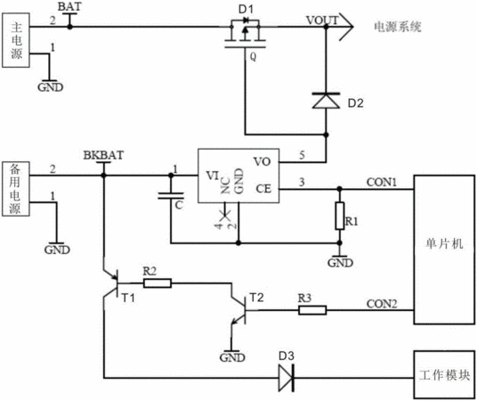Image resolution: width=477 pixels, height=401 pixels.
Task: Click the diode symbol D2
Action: (326, 101)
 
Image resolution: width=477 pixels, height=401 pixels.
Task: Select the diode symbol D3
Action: (286, 379)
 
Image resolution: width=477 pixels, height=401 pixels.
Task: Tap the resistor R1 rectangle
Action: (340, 216)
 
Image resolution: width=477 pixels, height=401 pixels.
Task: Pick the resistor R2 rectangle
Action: (158, 283)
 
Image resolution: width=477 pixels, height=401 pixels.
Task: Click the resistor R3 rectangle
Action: (312, 310)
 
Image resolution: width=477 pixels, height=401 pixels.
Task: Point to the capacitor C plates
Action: (171, 196)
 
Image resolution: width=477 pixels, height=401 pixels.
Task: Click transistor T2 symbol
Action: (238, 310)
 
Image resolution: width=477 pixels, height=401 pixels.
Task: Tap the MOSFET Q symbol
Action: (245, 34)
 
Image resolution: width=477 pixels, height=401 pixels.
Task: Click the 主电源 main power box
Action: (16, 40)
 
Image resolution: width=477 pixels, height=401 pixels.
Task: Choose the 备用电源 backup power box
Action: (16, 189)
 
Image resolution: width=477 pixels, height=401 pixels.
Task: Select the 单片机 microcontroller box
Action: (444, 250)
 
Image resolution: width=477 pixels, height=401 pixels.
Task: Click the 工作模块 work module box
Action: (444, 375)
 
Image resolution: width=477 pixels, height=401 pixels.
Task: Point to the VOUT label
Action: (322, 20)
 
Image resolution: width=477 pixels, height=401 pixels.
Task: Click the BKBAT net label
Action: (103, 155)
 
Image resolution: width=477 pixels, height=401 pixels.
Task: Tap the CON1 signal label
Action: (382, 182)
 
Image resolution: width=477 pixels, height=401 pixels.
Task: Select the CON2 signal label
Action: (382, 304)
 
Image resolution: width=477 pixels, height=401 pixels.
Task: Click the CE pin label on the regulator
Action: (263, 189)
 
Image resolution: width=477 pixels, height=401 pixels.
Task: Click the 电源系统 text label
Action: (398, 27)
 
